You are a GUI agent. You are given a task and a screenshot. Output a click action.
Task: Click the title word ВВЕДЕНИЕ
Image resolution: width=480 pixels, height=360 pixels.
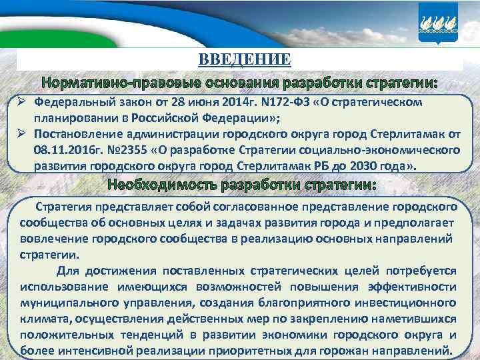pos(245,60)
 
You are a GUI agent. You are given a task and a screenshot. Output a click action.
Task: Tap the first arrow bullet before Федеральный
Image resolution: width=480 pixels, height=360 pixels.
pos(22,103)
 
